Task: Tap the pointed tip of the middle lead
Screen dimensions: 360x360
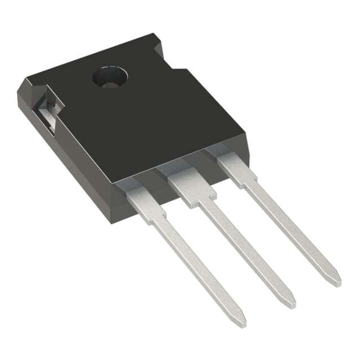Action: click(291, 303)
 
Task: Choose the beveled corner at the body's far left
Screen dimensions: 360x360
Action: click(25, 90)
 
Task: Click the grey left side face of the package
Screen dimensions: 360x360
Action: click(73, 157)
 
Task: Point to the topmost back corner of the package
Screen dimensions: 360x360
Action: click(154, 35)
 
